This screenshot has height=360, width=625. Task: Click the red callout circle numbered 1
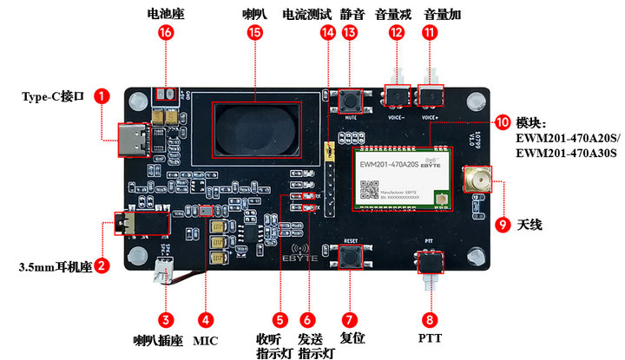pos(103,96)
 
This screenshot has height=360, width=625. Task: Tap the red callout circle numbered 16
pos(166,33)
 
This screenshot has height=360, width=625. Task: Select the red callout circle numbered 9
pos(503,225)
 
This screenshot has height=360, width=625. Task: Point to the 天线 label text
pos(530,225)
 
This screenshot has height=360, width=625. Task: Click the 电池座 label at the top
pos(166,14)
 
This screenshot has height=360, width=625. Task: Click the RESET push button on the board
pos(351,258)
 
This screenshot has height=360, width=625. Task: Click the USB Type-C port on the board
pos(136,139)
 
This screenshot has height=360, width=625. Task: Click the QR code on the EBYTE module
pos(370,189)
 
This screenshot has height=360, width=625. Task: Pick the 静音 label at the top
pos(351,14)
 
